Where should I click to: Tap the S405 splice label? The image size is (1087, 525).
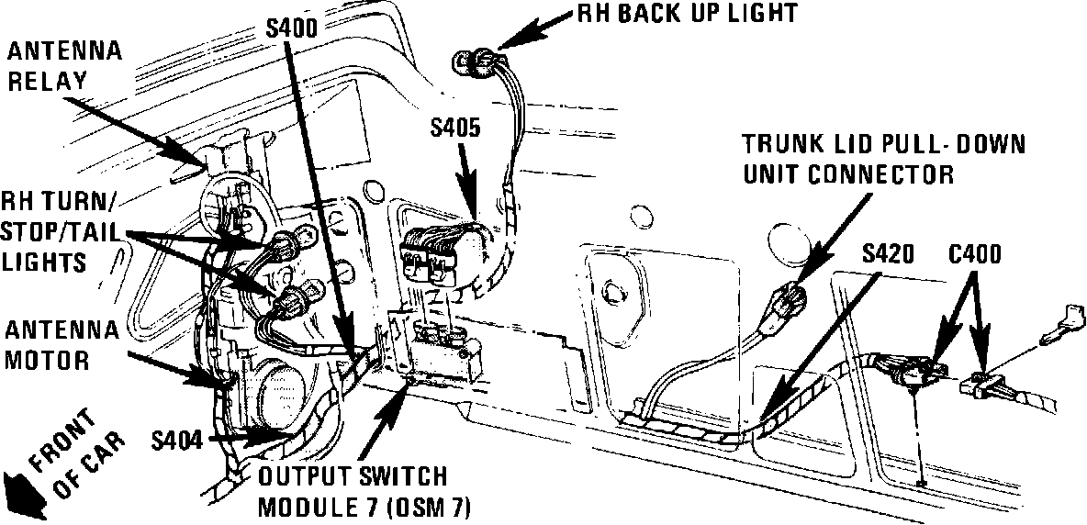pos(454,128)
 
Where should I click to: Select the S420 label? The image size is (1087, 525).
pos(887,254)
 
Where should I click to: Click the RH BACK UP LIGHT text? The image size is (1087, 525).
pos(686,14)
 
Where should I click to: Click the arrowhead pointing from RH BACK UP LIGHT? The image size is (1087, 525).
pos(510,35)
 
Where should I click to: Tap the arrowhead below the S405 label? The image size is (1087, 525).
pos(471,209)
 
